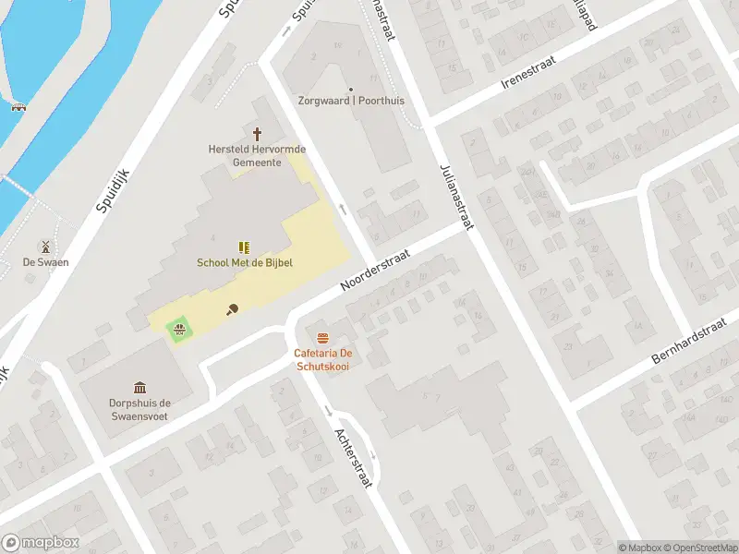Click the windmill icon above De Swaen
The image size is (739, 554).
click(44, 247)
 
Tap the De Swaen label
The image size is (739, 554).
click(46, 262)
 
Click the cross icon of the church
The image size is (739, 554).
click(257, 134)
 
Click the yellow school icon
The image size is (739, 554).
click(244, 247)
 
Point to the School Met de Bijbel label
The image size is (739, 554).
click(244, 262)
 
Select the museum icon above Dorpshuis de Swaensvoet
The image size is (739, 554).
click(139, 387)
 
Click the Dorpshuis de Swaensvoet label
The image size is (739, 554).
click(139, 409)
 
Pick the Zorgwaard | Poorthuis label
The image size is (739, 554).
click(350, 101)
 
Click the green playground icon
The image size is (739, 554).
click(178, 326)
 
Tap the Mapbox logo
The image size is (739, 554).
click(40, 543)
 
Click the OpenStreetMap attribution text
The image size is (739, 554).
click(698, 548)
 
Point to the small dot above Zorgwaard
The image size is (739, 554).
click(350, 89)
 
